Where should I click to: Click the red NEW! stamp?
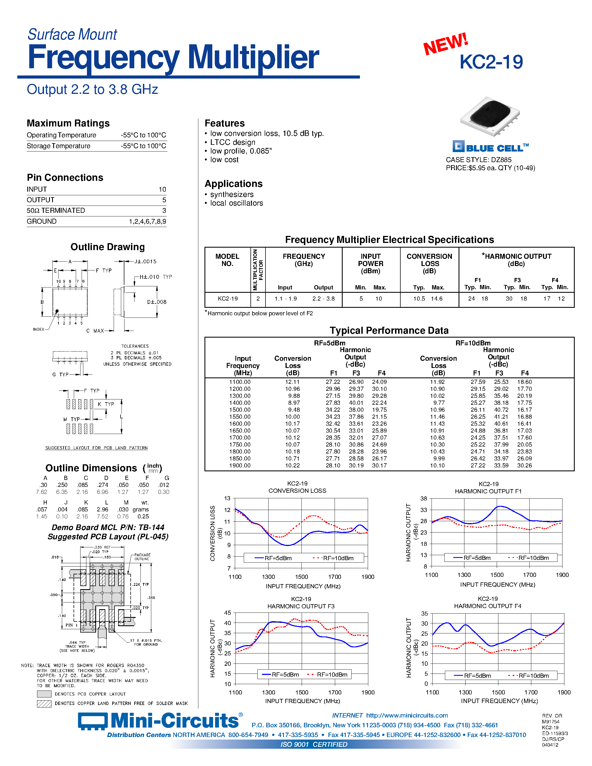445,44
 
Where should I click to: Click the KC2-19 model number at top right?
491,62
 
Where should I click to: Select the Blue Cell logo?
490,147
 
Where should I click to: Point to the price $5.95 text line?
490,168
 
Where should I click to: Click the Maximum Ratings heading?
68,123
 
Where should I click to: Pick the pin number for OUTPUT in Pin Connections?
164,200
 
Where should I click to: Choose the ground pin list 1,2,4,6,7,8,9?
147,221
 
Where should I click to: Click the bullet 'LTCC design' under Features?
233,142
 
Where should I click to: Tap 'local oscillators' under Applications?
236,203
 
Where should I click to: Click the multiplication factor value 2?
258,299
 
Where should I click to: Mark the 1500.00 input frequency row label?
240,410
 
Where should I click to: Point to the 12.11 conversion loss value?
293,382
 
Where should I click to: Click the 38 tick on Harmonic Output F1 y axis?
424,498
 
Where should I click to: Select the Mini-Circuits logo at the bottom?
160,721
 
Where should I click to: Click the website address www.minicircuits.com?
407,716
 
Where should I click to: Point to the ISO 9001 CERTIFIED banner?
314,744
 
